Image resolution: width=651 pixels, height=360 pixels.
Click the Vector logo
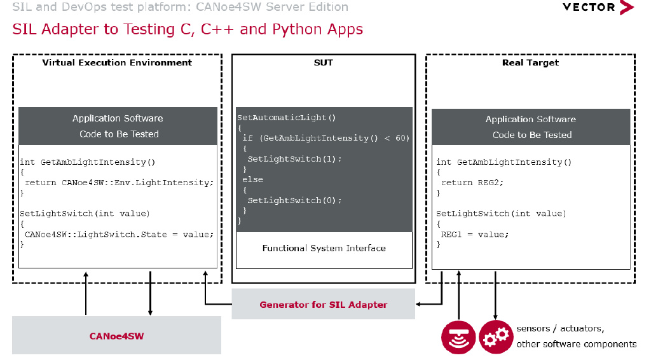point(598,8)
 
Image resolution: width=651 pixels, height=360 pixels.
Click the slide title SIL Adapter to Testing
point(188,29)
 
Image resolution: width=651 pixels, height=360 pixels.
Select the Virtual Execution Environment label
point(117,62)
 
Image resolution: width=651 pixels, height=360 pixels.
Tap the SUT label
point(323,62)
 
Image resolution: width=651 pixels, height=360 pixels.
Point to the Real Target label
point(530,62)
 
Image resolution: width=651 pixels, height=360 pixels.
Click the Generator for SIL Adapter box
point(323,304)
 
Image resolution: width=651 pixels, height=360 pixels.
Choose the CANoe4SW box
point(116,335)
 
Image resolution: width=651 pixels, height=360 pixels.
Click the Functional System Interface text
point(324,248)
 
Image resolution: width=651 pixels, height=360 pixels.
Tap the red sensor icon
point(458,336)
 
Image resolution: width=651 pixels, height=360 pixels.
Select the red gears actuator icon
point(495,336)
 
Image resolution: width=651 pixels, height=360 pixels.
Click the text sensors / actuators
point(560,329)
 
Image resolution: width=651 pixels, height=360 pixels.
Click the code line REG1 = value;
point(475,234)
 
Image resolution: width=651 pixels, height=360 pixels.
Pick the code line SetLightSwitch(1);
point(294,158)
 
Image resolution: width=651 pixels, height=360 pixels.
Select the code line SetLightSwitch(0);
point(294,200)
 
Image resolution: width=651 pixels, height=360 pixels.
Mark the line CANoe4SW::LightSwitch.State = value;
point(119,234)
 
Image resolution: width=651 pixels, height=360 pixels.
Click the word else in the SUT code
point(252,179)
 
